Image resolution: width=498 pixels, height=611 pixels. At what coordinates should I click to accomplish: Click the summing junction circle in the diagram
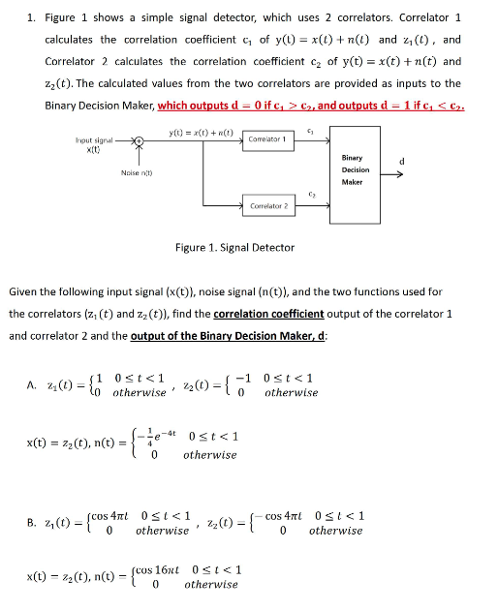coord(139,139)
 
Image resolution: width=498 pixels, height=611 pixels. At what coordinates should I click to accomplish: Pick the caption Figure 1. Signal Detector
coord(235,248)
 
